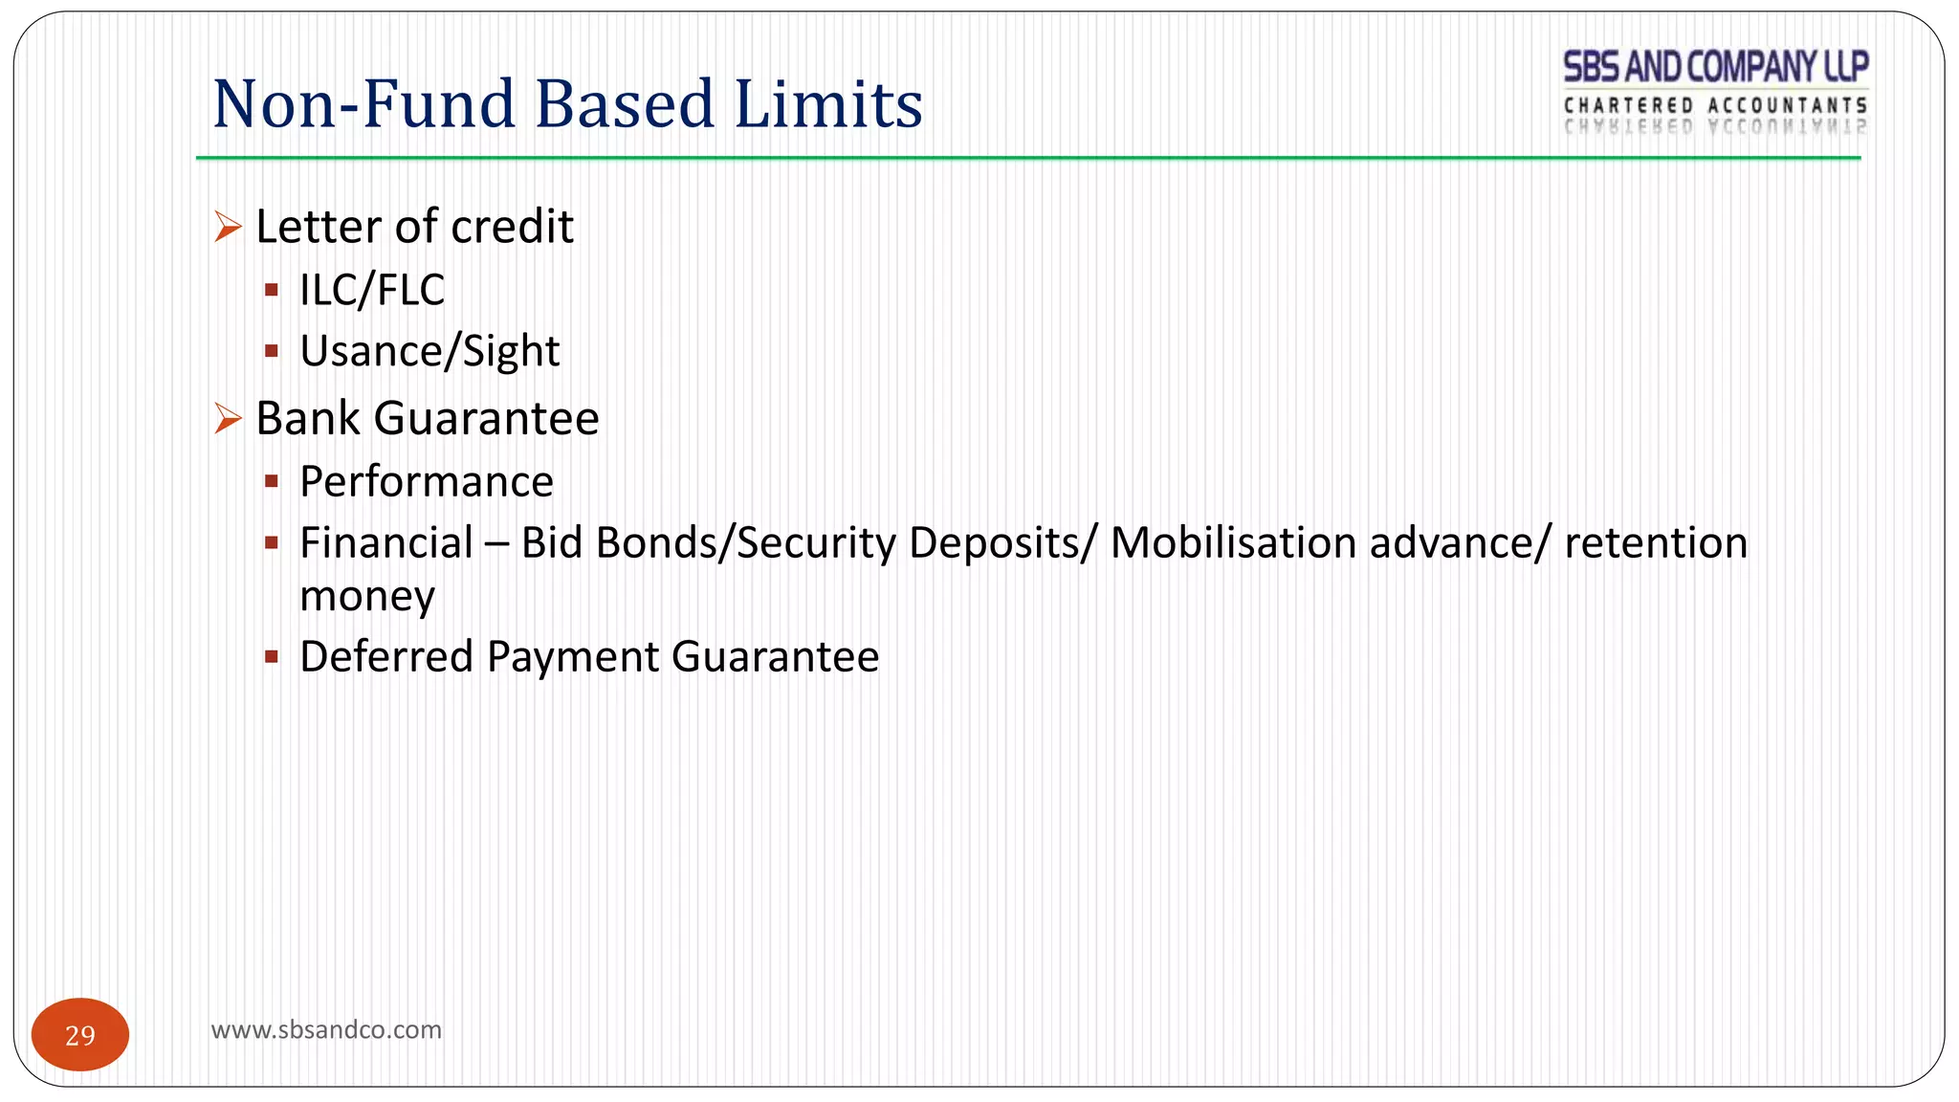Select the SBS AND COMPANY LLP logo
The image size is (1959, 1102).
pos(1715,92)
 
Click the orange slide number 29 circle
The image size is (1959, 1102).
pos(80,1034)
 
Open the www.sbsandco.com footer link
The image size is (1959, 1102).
pos(326,1029)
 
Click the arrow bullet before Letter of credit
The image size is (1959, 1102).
pos(228,227)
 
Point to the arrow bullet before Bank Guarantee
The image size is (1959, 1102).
pos(228,418)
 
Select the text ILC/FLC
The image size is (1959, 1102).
pos(372,290)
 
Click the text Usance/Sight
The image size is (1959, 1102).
pos(429,351)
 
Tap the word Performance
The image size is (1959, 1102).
pos(427,481)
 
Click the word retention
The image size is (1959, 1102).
pos(1656,542)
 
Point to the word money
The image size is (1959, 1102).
pos(367,597)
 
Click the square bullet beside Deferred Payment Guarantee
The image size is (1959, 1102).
pos(272,657)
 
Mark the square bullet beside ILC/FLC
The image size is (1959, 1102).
pos(272,290)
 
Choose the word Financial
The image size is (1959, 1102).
pos(386,542)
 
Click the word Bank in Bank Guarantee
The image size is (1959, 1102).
pos(308,418)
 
